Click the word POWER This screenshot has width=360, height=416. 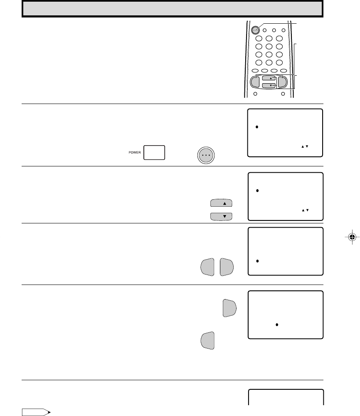point(135,153)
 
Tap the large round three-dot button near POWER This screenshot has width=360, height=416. point(206,155)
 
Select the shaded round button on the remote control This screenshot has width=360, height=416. point(255,30)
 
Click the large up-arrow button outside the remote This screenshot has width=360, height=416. point(221,203)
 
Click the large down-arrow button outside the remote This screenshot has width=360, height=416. point(221,216)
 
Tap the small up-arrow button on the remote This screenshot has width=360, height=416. point(269,78)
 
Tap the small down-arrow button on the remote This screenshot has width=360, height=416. point(269,85)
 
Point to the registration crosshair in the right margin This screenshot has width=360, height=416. point(352,237)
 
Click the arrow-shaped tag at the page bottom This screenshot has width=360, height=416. point(36,412)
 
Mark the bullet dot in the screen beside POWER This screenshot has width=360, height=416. point(256,127)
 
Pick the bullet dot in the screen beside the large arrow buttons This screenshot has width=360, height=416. point(257,191)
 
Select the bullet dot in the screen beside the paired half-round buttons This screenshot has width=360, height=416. point(257,261)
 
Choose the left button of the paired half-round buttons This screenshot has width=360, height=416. point(207,267)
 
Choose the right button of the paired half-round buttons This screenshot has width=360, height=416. point(227,267)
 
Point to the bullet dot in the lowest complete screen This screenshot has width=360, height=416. point(277,325)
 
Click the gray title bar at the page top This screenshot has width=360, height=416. point(173,9)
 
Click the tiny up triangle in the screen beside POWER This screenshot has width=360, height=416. point(303,146)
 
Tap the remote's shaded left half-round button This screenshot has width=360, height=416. point(255,82)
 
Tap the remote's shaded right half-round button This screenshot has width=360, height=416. point(282,82)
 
